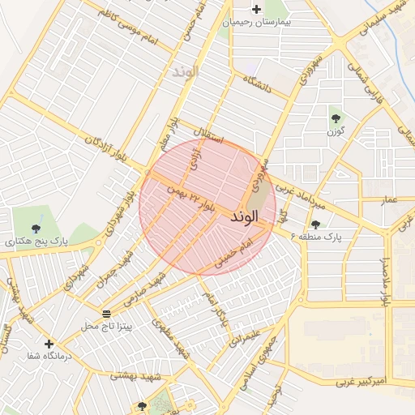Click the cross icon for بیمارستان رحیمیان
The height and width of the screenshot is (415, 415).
[x=257, y=10]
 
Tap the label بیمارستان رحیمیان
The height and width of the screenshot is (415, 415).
[x=258, y=23]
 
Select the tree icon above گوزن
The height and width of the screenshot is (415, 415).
[x=336, y=118]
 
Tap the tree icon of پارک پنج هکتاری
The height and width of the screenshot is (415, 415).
[x=35, y=229]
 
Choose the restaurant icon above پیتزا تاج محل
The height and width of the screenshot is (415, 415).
[x=106, y=313]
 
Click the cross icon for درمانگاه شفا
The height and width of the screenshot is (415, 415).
[x=49, y=344]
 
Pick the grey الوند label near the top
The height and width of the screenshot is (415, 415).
[x=185, y=72]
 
